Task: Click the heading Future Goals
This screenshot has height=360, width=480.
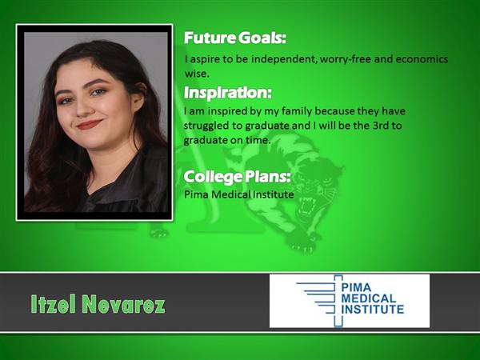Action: (x=234, y=38)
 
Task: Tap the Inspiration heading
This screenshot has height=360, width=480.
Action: (x=227, y=93)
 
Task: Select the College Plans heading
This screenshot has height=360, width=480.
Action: (x=237, y=178)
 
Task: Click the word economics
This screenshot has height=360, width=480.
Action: (x=422, y=58)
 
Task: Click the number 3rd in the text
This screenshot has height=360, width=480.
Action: (x=380, y=126)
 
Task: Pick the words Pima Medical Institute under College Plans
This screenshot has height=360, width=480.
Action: (x=238, y=194)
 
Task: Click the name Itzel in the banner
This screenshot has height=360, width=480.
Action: (x=54, y=304)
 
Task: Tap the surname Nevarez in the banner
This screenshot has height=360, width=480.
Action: (x=123, y=304)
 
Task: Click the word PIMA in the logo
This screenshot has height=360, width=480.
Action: (x=356, y=287)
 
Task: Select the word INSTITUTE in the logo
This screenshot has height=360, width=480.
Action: (x=373, y=309)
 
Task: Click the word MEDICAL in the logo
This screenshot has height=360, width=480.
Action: (x=369, y=298)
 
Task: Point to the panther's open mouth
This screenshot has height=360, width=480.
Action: (x=307, y=206)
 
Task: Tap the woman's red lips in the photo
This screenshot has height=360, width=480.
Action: (x=89, y=124)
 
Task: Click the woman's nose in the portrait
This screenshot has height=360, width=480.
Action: (x=83, y=108)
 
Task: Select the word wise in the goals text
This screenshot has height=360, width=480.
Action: (x=196, y=74)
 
